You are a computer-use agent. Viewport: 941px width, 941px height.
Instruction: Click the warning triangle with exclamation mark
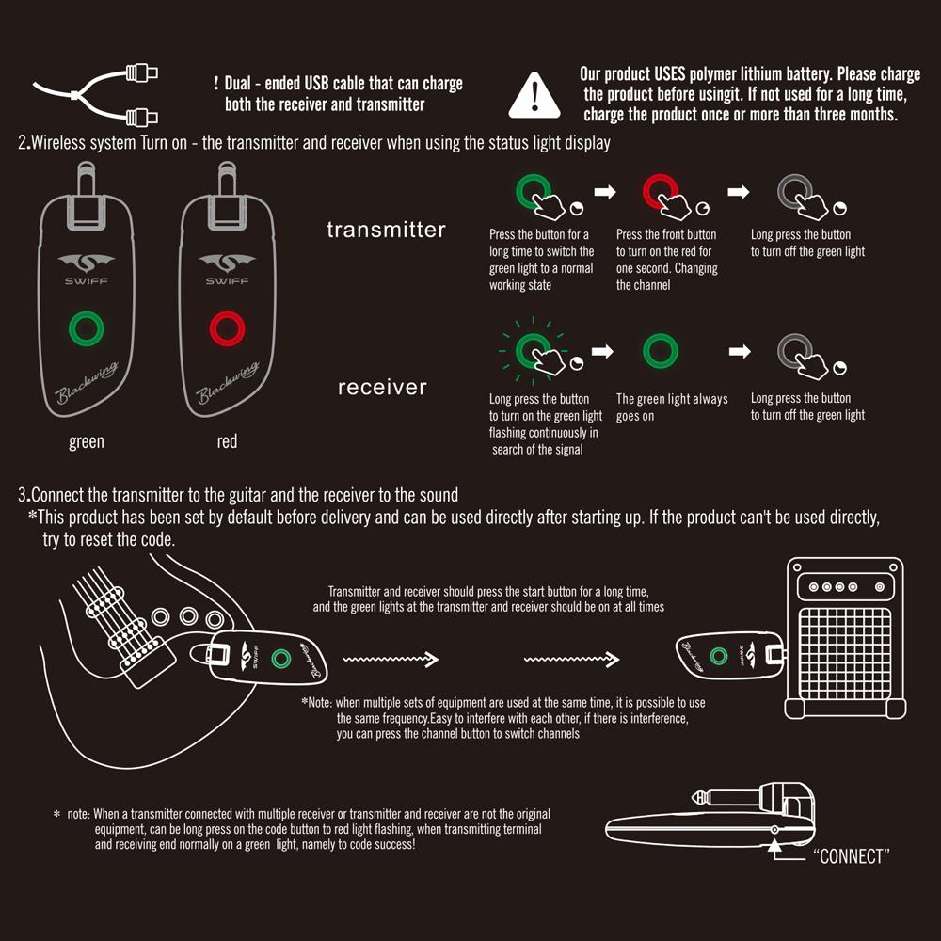click(x=534, y=95)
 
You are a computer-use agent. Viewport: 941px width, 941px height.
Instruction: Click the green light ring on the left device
click(x=87, y=329)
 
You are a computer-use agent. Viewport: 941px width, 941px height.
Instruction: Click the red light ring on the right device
click(x=227, y=329)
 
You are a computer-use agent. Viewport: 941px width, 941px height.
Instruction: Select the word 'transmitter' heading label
click(x=386, y=230)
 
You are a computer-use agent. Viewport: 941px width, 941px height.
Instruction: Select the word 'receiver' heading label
click(x=382, y=387)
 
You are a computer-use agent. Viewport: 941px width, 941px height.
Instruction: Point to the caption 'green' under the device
click(x=87, y=441)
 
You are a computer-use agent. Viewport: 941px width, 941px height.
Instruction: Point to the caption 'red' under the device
click(x=227, y=441)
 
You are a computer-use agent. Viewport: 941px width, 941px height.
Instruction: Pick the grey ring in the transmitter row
click(x=794, y=191)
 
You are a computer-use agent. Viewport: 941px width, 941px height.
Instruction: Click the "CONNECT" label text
click(x=850, y=856)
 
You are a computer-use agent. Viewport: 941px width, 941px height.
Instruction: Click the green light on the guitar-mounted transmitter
click(x=279, y=659)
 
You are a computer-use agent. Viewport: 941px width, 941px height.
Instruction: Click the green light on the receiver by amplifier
click(x=720, y=657)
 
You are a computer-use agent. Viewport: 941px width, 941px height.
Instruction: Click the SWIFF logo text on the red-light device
click(x=227, y=279)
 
